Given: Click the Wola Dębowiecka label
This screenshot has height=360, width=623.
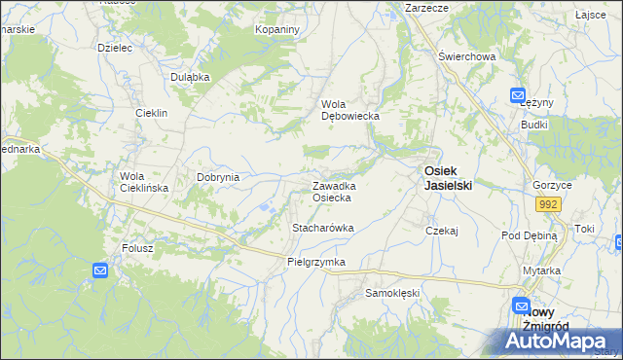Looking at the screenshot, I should point(349,110).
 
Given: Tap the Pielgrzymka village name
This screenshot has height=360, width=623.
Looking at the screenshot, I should point(316,263).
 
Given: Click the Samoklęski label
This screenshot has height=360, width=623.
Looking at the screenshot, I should point(391,292).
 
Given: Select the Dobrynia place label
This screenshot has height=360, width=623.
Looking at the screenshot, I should point(218,177).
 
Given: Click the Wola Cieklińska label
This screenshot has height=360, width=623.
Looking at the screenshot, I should point(144,182).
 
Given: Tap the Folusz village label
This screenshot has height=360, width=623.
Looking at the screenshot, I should point(137,248).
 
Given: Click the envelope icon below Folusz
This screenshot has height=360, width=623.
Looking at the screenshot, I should point(101,270).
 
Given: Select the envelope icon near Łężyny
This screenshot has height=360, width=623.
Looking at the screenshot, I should point(519,94).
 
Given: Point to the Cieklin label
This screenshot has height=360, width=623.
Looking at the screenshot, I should point(152,113).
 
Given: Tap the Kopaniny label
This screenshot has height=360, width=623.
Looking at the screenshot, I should point(277,30).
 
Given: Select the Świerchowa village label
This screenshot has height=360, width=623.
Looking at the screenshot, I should point(467,56).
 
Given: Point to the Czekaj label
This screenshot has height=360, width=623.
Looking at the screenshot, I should point(442,231).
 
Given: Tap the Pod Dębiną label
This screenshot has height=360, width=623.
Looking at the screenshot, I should point(529,235).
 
